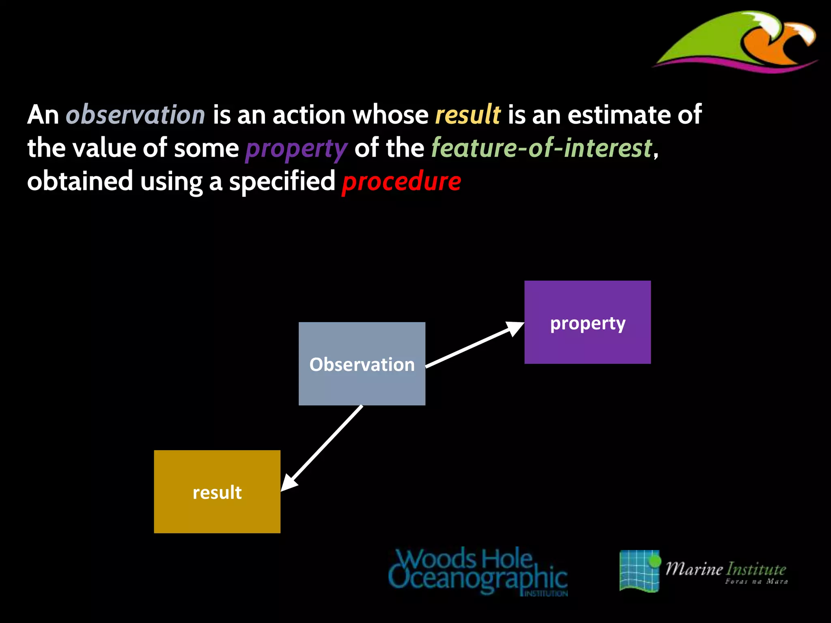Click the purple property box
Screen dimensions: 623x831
tap(587, 322)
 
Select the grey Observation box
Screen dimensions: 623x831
tap(362, 364)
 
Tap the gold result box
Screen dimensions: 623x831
tap(217, 492)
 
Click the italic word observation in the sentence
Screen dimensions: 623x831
tap(136, 114)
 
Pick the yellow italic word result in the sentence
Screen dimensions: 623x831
tap(467, 114)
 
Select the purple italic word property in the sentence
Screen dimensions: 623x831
tap(296, 148)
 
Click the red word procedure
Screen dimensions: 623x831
tap(401, 181)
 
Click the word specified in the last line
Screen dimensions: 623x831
tap(282, 181)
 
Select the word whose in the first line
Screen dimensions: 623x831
tap(390, 114)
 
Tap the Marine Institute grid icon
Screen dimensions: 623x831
tap(639, 571)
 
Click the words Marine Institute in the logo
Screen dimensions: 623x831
tap(726, 569)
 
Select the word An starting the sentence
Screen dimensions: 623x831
tap(43, 114)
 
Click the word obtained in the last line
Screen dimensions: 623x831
tap(80, 181)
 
